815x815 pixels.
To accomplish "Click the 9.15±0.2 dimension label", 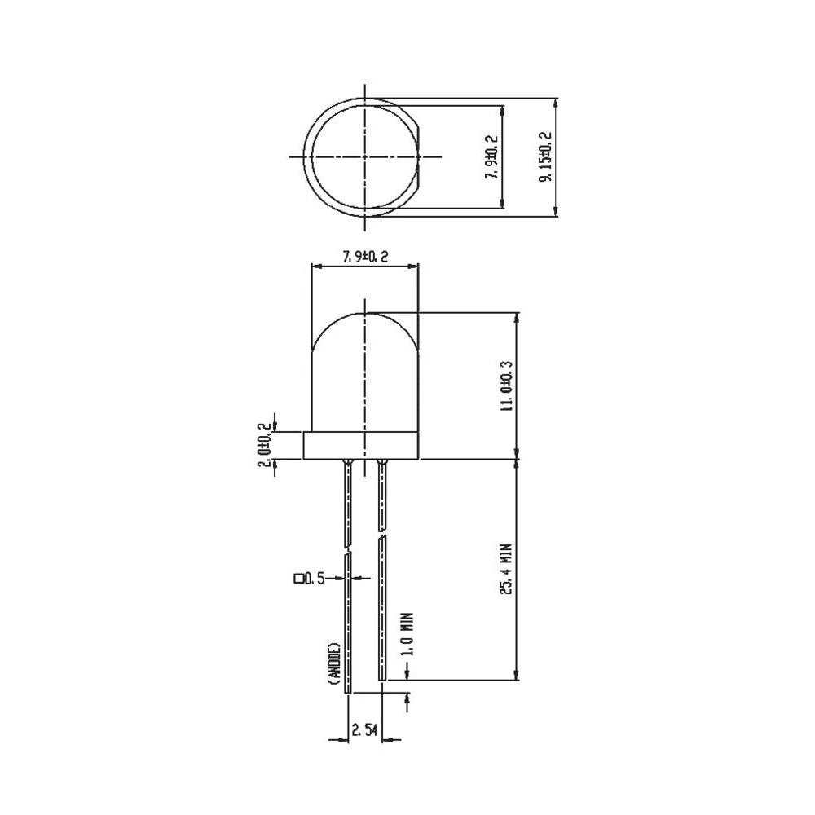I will coord(545,159).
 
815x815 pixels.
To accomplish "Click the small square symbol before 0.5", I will coord(298,579).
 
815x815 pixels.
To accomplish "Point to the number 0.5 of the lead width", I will coord(315,579).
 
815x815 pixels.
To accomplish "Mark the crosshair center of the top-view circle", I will coord(365,156).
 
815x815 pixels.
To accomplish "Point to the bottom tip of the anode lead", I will coord(349,691).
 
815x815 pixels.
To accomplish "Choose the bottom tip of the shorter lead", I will coord(381,679).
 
